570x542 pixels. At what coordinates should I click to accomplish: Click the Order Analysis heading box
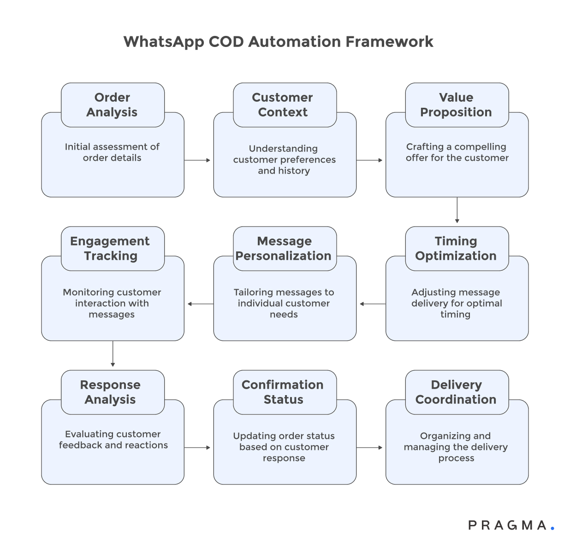point(113,105)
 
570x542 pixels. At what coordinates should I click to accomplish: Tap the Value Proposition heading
point(457,105)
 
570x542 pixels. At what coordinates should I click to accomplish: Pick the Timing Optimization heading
point(457,249)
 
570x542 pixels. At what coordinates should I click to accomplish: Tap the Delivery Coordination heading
point(457,392)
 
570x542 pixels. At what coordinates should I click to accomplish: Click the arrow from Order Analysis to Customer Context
point(198,160)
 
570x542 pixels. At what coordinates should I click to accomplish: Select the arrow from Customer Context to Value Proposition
point(370,160)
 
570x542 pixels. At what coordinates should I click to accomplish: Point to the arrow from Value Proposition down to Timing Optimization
point(457,210)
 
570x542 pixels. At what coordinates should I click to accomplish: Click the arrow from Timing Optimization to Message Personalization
point(372,304)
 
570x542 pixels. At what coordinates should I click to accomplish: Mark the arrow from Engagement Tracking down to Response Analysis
point(113,354)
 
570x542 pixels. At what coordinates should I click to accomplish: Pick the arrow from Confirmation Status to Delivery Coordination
point(370,448)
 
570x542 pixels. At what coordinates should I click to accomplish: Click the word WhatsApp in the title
point(164,42)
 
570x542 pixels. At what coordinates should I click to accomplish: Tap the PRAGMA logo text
point(507,525)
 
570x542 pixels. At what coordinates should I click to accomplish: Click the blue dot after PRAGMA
point(552,529)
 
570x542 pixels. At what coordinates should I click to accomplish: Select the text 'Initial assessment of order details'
point(112,152)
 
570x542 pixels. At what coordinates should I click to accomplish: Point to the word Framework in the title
point(389,42)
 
